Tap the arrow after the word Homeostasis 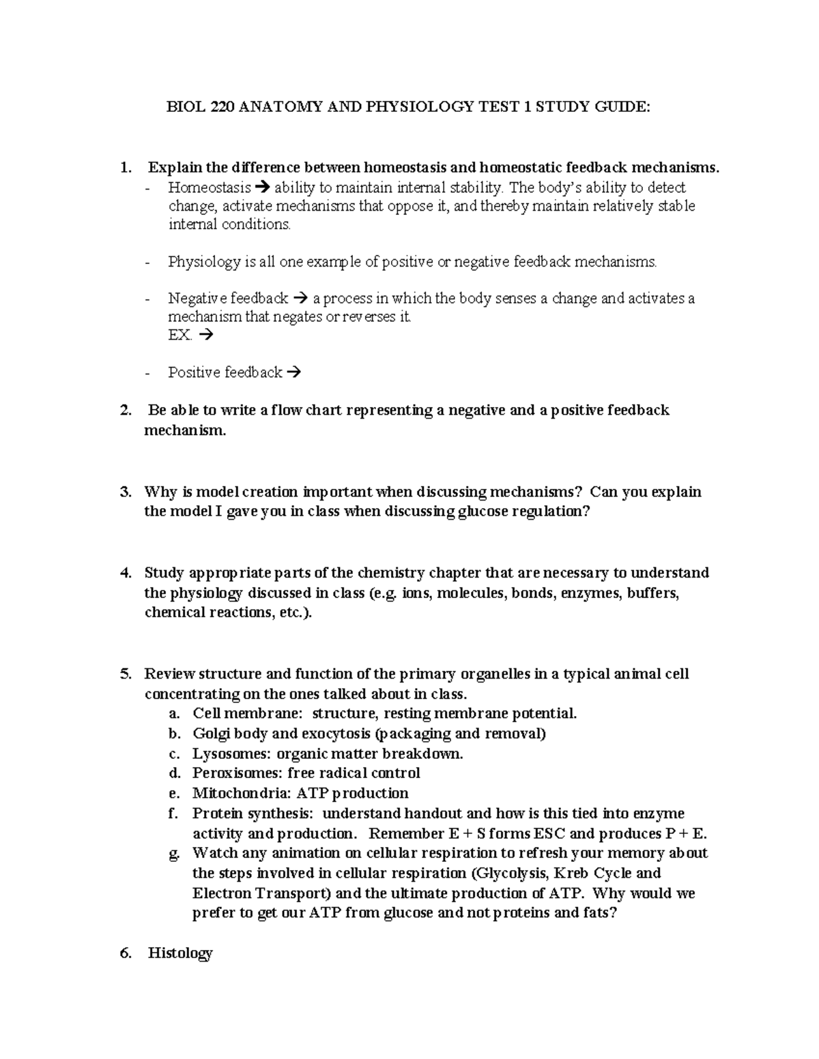click(263, 188)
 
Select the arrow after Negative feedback click(300, 299)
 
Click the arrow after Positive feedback click(293, 372)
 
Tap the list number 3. click(125, 492)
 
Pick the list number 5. click(125, 674)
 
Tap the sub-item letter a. click(175, 714)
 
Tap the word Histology click(180, 953)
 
